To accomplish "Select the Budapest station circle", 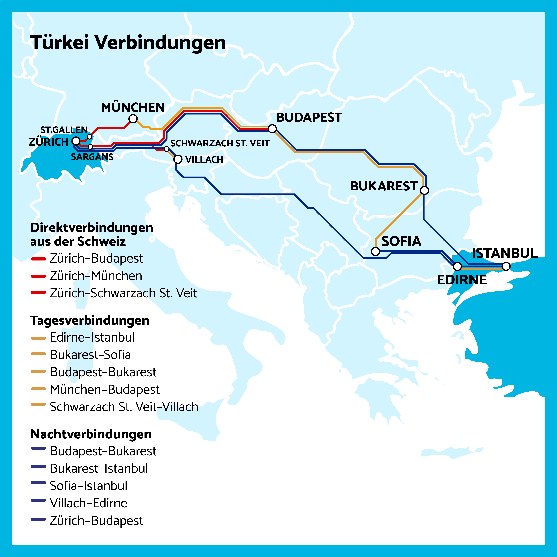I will click(272, 129).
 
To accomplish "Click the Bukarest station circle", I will click(424, 190).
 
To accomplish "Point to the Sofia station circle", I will click(375, 251).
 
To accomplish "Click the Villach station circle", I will click(178, 159).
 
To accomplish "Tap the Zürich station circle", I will click(76, 141).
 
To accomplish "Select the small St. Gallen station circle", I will click(89, 137).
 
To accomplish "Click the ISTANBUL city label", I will click(505, 253).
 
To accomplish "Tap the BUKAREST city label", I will click(384, 186).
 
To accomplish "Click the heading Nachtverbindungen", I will click(91, 434).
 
